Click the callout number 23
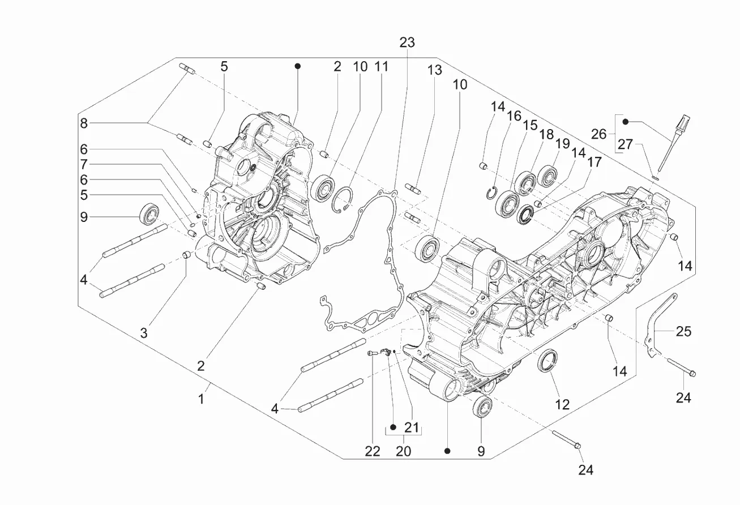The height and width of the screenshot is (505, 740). click(407, 42)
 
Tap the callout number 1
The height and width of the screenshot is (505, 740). click(201, 399)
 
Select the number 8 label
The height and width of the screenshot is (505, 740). click(84, 123)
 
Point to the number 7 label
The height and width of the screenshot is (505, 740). click(84, 164)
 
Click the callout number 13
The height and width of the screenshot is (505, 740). click(435, 70)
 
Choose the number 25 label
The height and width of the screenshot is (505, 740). click(683, 331)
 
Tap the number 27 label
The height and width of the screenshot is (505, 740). click(626, 144)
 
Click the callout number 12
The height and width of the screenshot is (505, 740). click(562, 404)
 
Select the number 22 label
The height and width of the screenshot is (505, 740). click(373, 451)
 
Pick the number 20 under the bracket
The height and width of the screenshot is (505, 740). click(403, 451)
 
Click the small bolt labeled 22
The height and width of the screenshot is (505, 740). click(371, 353)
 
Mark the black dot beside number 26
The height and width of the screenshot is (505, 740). click(626, 122)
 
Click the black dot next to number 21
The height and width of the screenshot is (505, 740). click(393, 427)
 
